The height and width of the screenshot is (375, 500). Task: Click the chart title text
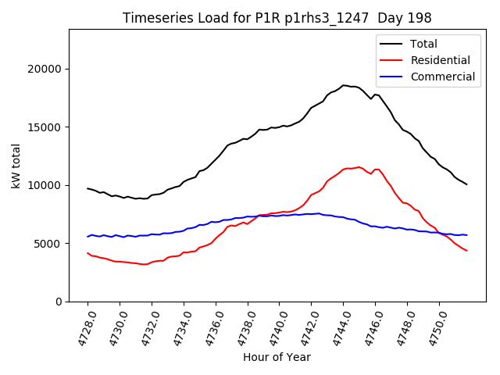coord(277,17)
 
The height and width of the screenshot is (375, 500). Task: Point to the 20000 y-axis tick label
coord(46,69)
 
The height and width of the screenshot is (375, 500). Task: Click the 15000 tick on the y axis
coord(46,127)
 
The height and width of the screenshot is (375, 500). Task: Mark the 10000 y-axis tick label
coord(46,185)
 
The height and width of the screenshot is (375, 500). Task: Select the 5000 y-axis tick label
coord(49,244)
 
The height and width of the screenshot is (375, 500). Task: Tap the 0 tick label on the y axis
coord(59,302)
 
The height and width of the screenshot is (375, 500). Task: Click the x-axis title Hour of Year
coord(277,358)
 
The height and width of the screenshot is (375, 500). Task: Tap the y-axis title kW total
coord(16,166)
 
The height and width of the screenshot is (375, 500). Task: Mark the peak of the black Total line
coord(343,85)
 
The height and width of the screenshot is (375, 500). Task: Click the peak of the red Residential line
coord(359,167)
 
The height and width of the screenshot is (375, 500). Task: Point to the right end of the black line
coord(467,184)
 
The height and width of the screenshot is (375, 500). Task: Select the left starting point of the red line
coord(87,253)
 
